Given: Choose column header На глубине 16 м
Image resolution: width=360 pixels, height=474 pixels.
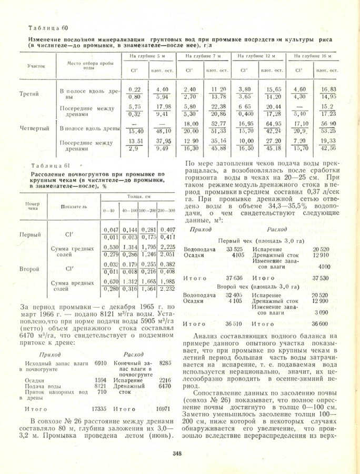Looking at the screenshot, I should [314, 55].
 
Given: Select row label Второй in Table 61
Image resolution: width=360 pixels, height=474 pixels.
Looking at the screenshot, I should [29, 269].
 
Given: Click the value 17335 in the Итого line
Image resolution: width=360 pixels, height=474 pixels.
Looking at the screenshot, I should [114, 408].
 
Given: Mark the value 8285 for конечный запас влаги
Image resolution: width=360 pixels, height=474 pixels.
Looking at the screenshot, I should [166, 363].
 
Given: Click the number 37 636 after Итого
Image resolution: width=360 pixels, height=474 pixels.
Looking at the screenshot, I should [235, 278].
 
